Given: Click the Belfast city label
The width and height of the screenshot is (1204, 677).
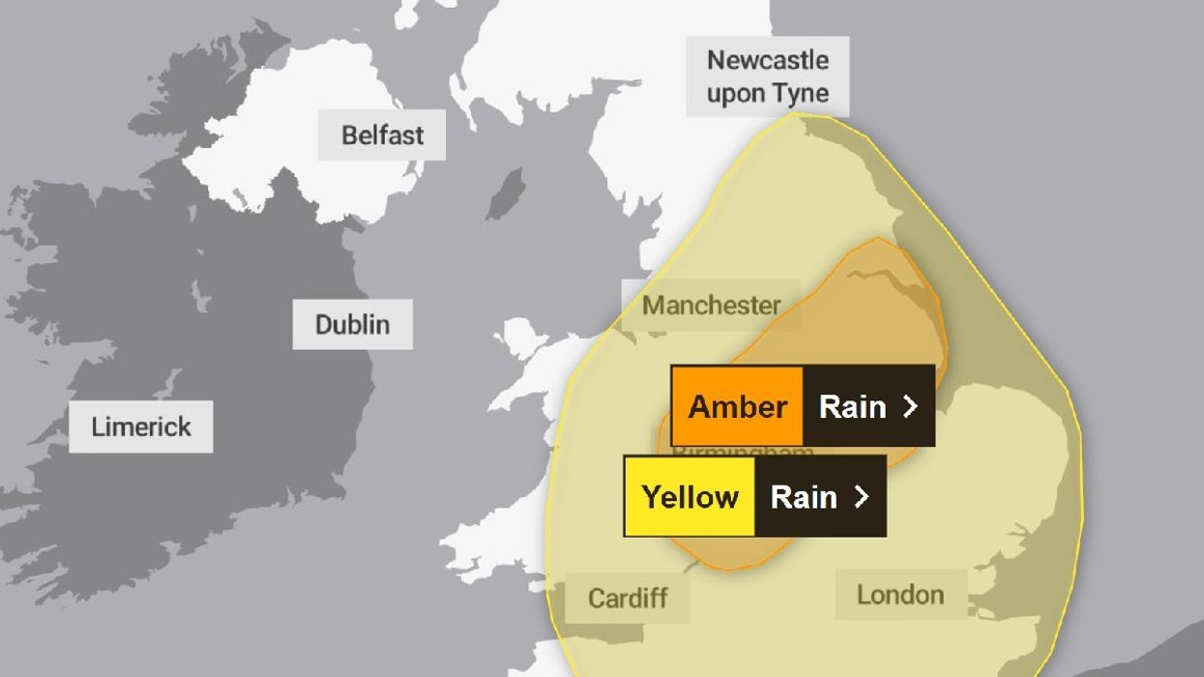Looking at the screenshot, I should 382,134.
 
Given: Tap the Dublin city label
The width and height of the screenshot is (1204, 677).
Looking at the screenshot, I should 352,324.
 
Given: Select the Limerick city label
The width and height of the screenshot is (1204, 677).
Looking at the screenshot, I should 141,427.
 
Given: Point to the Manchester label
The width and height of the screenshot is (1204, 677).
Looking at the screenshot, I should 711,306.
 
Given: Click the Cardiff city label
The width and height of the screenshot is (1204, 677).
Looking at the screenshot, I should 628,598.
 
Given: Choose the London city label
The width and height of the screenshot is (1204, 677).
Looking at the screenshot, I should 899,595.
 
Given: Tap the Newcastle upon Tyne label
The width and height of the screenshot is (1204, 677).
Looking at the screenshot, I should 768,76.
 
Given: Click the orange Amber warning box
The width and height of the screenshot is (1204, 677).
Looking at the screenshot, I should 737,406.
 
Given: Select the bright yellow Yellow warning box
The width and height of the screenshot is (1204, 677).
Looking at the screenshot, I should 690,497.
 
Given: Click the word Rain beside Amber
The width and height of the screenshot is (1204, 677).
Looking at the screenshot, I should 852,406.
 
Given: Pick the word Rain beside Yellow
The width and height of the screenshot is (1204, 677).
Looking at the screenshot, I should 804,497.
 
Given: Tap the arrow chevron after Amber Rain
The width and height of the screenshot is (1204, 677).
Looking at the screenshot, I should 909,406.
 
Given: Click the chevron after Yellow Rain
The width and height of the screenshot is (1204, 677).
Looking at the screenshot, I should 861,497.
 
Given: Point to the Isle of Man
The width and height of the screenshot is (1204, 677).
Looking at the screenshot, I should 506,193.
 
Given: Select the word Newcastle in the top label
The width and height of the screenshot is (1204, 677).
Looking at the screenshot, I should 768,60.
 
